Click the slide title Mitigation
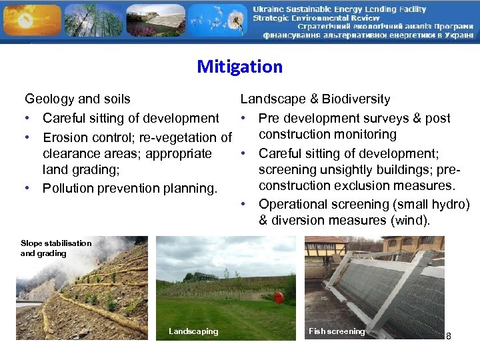pyautogui.click(x=239, y=67)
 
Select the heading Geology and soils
pyautogui.click(x=77, y=99)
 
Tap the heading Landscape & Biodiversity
pyautogui.click(x=315, y=99)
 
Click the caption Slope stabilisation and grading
pyautogui.click(x=55, y=248)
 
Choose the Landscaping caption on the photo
pyautogui.click(x=193, y=331)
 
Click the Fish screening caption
pyautogui.click(x=337, y=331)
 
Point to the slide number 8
pyautogui.click(x=449, y=336)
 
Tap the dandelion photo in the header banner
pyautogui.click(x=217, y=20)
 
